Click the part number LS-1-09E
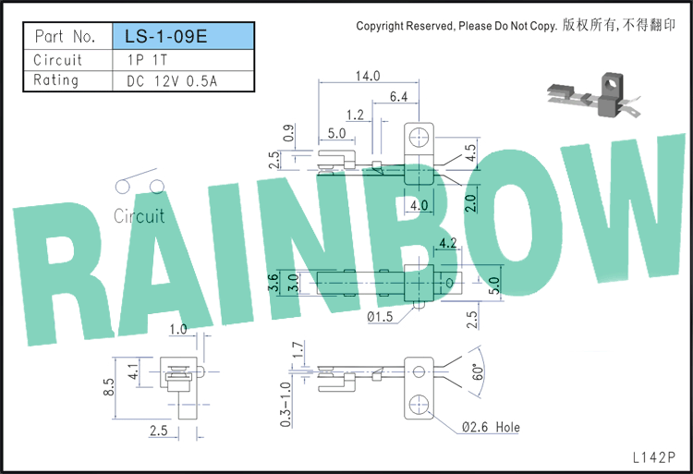coord(165,36)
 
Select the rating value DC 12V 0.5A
coord(172,81)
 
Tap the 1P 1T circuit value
coord(147,60)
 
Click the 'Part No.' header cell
coord(65,36)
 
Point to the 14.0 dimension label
coord(368,76)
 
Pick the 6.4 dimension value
coord(398,97)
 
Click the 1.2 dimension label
coord(355,115)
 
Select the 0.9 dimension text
coord(288,133)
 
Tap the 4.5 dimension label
coord(470,152)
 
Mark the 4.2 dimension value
coord(448,242)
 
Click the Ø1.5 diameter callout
coord(380,316)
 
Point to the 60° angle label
coord(478,372)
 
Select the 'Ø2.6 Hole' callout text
coord(491,427)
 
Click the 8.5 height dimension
coord(109,387)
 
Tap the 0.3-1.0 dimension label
coord(286,405)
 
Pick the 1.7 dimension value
coord(298,349)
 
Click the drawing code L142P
coord(653,457)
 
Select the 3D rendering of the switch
coord(593,95)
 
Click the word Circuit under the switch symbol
coord(140,216)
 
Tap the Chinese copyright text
coord(619,25)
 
